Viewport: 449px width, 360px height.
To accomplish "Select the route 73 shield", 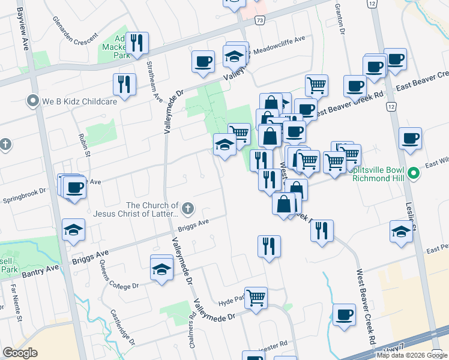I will pyautogui.click(x=259, y=20).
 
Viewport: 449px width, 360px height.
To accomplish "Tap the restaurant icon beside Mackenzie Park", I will pyautogui.click(x=139, y=43).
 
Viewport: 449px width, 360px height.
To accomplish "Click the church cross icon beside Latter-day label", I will pyautogui.click(x=188, y=209).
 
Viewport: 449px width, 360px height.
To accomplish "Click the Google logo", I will pyautogui.click(x=20, y=352).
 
